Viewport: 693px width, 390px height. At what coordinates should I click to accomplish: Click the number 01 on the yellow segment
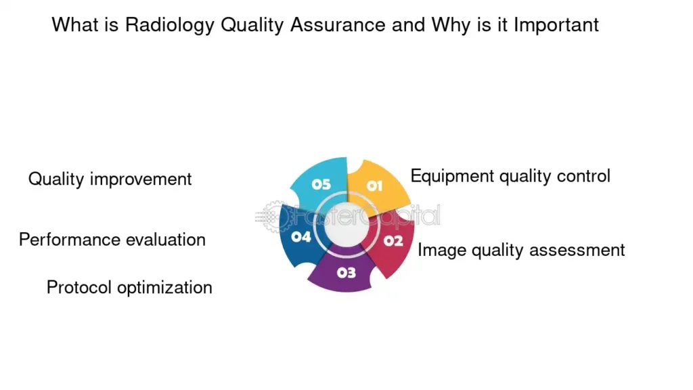pos(374,186)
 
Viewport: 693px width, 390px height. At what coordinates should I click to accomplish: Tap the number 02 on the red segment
pos(393,241)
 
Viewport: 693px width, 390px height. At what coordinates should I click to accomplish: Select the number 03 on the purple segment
pos(346,273)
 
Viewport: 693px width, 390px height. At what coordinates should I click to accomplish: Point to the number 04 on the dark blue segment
pos(301,237)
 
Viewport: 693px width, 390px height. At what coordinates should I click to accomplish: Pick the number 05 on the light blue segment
pos(321,184)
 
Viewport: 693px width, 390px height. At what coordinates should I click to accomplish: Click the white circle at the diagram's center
pos(346,225)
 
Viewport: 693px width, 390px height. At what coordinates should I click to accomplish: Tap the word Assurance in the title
pos(338,25)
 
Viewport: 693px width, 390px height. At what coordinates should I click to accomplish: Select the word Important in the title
pos(556,25)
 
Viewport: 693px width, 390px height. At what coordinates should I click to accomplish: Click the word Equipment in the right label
pos(452,177)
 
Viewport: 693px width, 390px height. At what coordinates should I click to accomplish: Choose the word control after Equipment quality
pos(583,176)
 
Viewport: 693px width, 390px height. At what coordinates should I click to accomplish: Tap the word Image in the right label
pos(442,251)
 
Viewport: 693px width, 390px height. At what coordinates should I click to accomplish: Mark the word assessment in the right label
pos(577,251)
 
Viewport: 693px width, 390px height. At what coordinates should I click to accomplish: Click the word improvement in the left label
pos(141,179)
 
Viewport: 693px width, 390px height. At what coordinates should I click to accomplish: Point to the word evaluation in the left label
pos(166,240)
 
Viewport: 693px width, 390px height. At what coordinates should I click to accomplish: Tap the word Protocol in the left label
pos(79,287)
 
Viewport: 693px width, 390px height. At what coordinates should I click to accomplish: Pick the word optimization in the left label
pos(164,288)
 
